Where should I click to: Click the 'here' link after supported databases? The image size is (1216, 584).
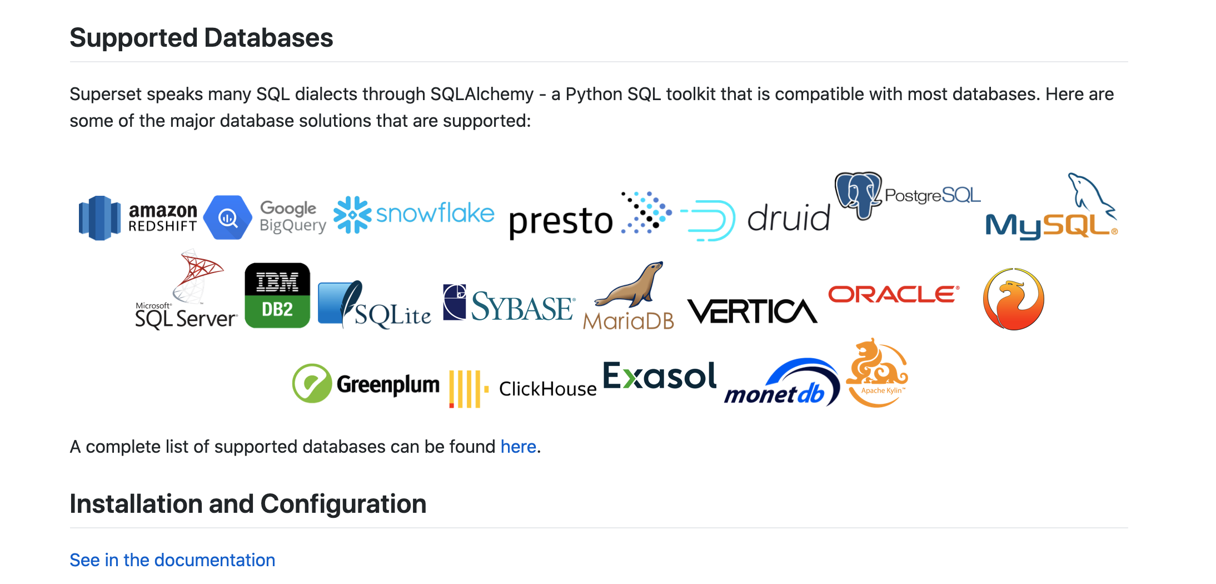click(518, 447)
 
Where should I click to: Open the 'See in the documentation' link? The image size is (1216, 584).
click(172, 560)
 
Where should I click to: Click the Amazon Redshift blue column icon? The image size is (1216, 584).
click(99, 217)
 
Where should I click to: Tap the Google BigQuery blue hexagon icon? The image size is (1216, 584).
click(227, 217)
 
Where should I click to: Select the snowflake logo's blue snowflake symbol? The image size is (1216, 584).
click(352, 215)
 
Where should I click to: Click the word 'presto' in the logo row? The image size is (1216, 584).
click(560, 221)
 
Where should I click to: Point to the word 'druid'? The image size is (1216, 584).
click(788, 218)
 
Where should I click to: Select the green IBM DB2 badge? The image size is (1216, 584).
click(277, 295)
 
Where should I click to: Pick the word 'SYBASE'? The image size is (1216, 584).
click(521, 307)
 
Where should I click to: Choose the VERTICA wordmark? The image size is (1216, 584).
click(752, 311)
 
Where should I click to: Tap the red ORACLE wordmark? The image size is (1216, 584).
click(893, 294)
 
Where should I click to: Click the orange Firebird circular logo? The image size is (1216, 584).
click(1013, 299)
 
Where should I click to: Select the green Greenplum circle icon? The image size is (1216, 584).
click(312, 383)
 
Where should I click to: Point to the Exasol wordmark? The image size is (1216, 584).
click(660, 376)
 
